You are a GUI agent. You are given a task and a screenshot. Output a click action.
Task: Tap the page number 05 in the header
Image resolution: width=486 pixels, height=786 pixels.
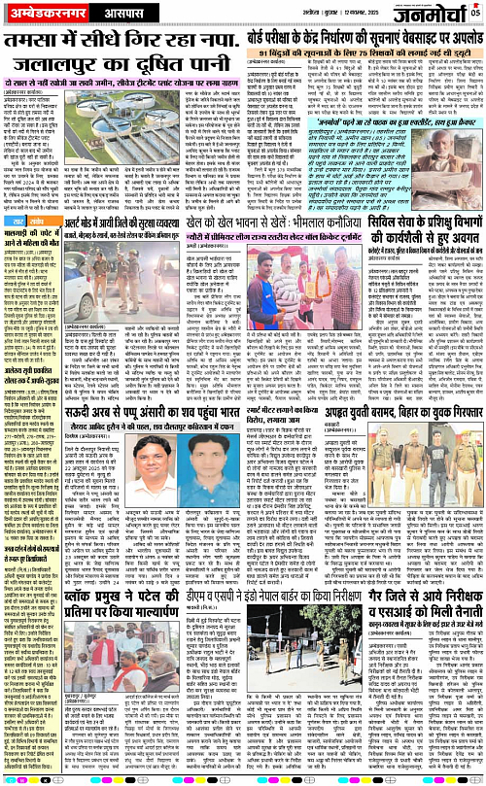pos(475,11)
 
